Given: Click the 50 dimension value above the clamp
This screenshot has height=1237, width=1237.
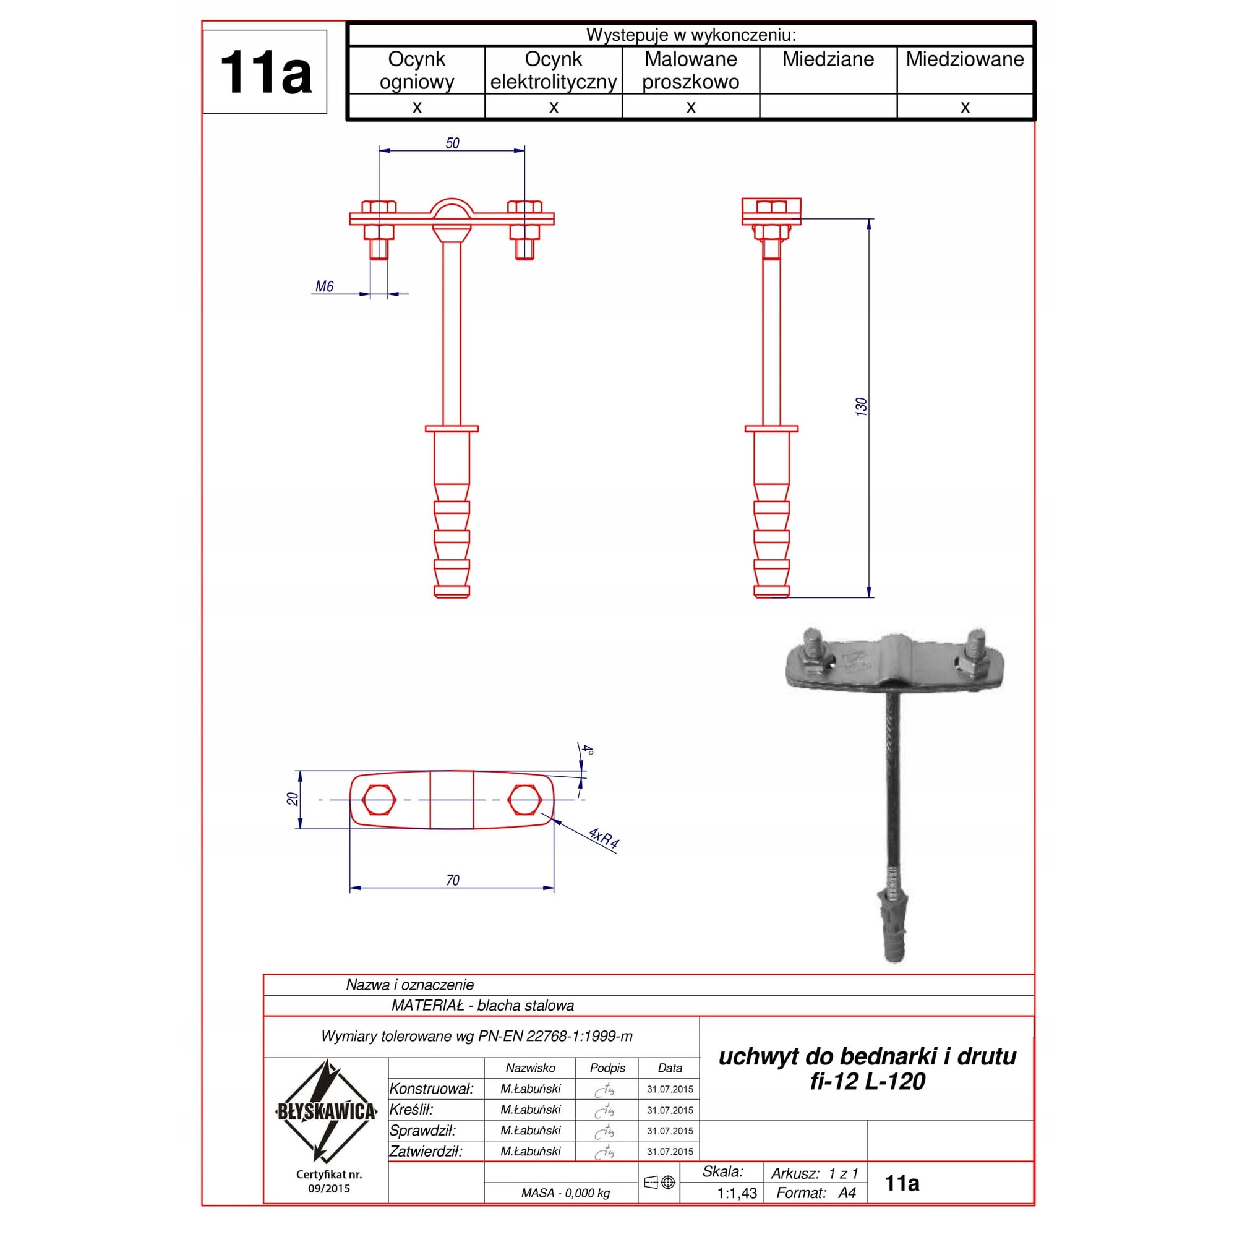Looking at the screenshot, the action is coord(452,143).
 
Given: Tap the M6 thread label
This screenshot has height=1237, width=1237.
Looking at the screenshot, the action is coord(324,286).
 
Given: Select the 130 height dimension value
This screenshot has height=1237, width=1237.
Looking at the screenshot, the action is coord(861,406).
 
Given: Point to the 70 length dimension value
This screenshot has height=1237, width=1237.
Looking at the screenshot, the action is coord(452,880).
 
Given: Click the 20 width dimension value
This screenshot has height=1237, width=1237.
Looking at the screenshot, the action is coord(293,799).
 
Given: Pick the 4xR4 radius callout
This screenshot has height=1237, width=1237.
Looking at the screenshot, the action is coord(603,838).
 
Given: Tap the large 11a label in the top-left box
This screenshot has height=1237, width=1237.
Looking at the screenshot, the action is coord(265,72).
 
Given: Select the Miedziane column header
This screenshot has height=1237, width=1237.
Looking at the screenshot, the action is coord(828,59).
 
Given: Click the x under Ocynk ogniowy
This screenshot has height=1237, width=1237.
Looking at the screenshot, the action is coord(417,107).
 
